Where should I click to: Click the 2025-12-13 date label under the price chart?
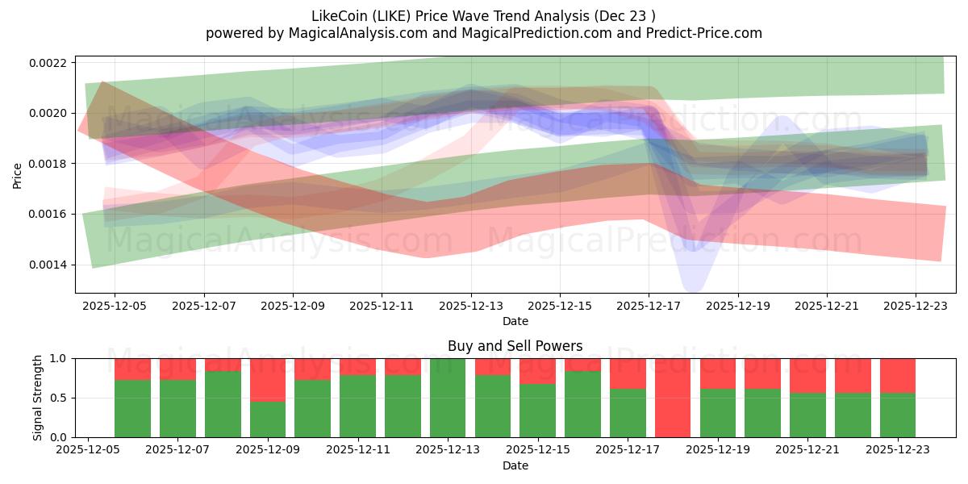tap(471, 307)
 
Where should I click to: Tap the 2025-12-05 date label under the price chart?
tap(115, 307)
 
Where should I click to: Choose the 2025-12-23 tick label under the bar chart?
tap(898, 450)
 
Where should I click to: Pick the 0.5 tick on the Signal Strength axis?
tap(60, 398)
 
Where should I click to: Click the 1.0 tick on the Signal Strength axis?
tap(60, 358)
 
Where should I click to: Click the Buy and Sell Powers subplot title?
tap(515, 347)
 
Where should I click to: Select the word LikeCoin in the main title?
tap(339, 15)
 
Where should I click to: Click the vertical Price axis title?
tap(18, 174)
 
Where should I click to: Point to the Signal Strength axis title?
tap(38, 398)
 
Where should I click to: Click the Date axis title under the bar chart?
tap(515, 465)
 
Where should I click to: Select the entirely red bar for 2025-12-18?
tap(673, 398)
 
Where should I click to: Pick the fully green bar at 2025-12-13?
tap(448, 398)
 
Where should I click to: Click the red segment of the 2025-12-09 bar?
tap(268, 379)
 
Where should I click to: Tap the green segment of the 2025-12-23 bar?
tap(898, 415)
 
